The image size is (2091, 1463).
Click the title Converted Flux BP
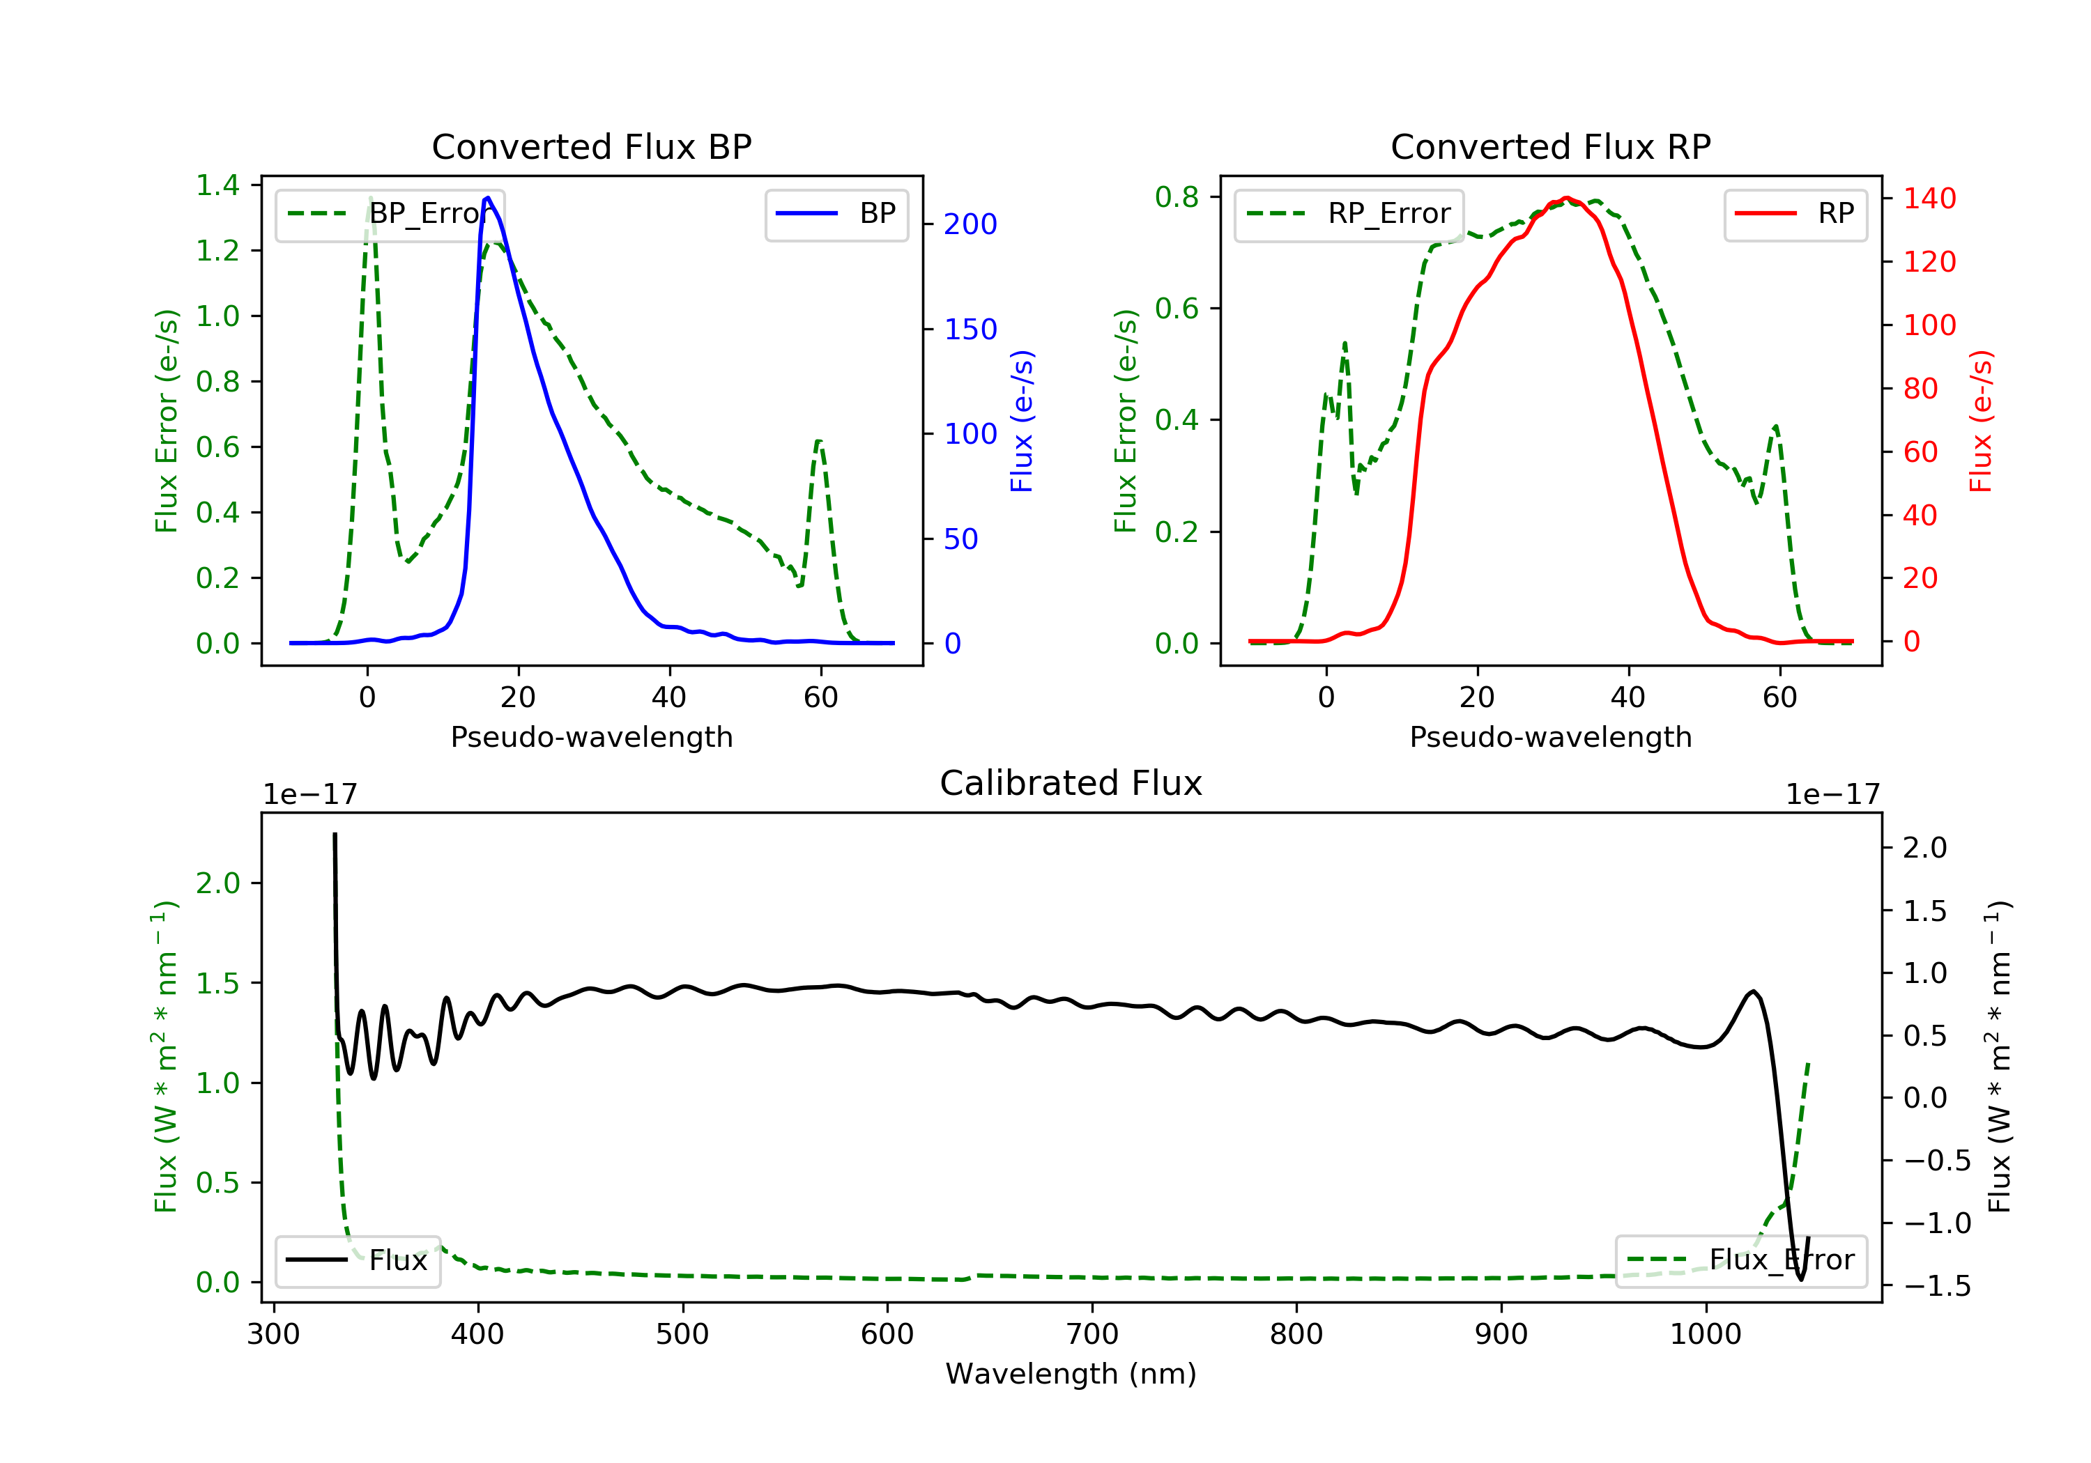[591, 146]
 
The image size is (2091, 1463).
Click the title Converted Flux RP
[1550, 146]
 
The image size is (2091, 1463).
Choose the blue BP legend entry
[836, 214]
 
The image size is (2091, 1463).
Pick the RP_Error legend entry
[1349, 214]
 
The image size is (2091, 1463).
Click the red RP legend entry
[1795, 214]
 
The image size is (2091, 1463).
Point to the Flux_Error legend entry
[1740, 1260]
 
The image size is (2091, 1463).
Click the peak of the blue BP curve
[488, 198]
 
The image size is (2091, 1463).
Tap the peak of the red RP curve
[1566, 198]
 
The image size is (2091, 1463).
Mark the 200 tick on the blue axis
[970, 224]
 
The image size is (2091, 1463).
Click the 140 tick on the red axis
[1929, 199]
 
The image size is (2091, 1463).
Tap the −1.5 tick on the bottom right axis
[1936, 1285]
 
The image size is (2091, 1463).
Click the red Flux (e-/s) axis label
[1981, 421]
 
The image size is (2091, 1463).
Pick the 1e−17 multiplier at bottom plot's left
[309, 795]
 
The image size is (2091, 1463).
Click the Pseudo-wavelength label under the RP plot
[1550, 736]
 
